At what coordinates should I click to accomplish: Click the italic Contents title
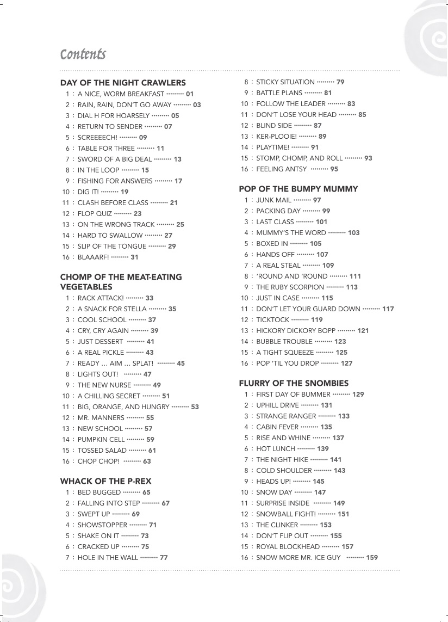[83, 54]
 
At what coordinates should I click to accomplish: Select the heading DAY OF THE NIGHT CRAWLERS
[123, 83]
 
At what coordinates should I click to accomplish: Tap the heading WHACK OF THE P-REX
[105, 481]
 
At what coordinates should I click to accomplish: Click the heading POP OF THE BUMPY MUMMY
[298, 189]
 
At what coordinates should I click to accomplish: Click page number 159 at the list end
[372, 557]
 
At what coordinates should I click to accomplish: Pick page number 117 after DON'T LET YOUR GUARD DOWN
[388, 309]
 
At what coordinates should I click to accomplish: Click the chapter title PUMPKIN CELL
[101, 439]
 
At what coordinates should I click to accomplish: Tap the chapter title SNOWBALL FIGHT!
[285, 514]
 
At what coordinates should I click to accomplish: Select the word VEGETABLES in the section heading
[86, 287]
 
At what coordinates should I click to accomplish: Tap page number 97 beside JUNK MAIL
[317, 200]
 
